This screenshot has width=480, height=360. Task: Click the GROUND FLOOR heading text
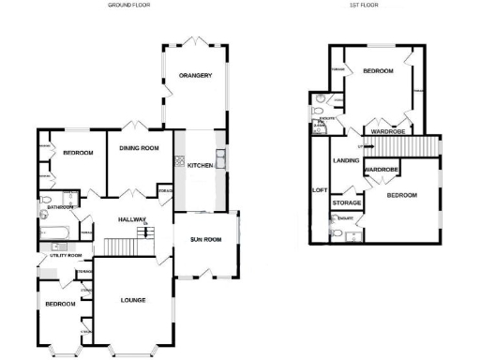pos(131,5)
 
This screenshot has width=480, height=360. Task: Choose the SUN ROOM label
pos(204,240)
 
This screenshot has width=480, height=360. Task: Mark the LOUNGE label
pos(136,301)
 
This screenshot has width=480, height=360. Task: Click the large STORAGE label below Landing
pos(348,203)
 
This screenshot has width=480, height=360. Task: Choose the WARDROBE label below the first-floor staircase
pos(382,170)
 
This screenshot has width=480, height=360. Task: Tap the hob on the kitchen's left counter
pos(178,160)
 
